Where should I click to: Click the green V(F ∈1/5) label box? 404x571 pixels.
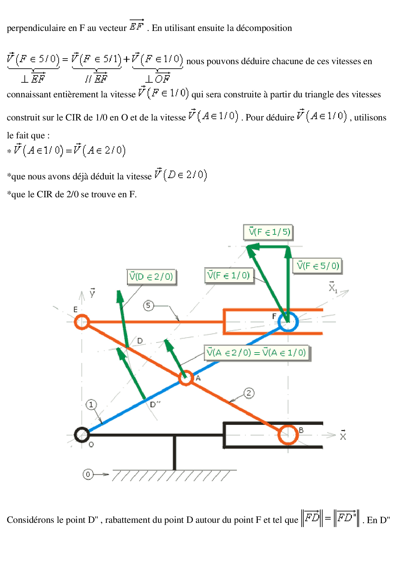[268, 232]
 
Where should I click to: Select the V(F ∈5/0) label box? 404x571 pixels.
[318, 266]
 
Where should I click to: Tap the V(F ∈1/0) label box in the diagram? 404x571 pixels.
[229, 276]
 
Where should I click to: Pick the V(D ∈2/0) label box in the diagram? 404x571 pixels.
[151, 277]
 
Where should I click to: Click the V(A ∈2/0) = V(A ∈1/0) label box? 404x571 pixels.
[257, 353]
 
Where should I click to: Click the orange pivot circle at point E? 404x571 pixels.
[82, 322]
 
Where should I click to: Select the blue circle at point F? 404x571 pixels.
[288, 322]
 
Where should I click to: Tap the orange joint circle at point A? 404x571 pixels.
[186, 378]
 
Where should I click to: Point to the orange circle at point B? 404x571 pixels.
[288, 435]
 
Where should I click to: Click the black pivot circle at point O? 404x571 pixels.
[82, 435]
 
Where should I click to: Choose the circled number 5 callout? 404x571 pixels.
[149, 306]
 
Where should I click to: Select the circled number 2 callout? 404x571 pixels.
[249, 393]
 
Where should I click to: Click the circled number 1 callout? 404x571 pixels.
[91, 405]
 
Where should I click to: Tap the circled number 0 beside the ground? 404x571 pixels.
[88, 474]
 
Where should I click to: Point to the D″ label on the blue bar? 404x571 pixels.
[155, 404]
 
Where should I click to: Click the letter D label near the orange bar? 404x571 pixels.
[140, 341]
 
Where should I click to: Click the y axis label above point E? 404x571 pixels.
[93, 293]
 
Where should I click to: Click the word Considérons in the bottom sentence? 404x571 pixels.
[28, 520]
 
